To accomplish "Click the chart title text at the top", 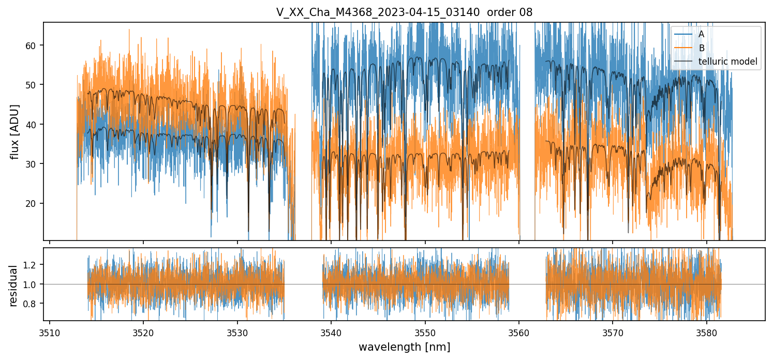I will coord(404,12).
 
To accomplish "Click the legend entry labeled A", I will coord(701,34).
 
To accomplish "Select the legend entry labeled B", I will coord(702,48).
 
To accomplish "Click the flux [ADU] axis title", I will coord(15,131).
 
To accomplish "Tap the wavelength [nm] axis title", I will coord(404,347).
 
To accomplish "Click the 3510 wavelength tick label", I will coord(50,332).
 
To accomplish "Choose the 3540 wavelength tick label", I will coord(331,332).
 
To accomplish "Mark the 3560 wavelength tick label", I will coord(519,332).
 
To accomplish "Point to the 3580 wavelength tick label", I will coord(707,332).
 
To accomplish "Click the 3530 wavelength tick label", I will coord(237,332).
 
